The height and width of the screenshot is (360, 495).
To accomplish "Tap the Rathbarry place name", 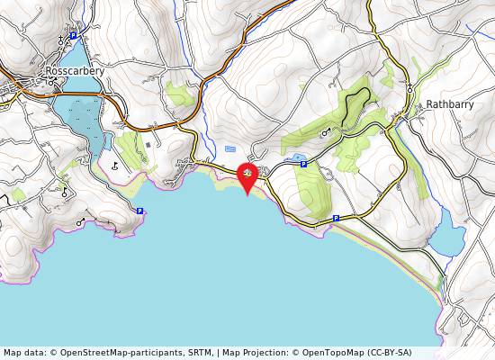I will point(450,103).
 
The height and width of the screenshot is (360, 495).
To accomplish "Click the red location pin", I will point(247,175).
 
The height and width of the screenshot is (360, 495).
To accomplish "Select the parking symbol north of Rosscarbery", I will point(74,37).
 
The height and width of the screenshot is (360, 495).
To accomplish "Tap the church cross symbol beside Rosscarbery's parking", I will point(61,40).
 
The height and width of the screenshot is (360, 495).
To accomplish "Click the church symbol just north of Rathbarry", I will point(410,88).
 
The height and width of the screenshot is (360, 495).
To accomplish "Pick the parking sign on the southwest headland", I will point(139,211).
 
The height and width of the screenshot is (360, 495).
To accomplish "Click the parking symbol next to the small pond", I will point(303,164).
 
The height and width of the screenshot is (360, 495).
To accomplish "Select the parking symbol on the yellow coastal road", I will point(336,218).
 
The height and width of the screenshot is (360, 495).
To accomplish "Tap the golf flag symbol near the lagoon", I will point(115,165).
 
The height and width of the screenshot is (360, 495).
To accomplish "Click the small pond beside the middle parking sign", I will point(294,157).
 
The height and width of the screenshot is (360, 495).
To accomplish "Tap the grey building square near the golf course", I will point(148,144).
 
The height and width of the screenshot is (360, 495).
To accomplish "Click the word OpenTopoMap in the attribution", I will point(341,352).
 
